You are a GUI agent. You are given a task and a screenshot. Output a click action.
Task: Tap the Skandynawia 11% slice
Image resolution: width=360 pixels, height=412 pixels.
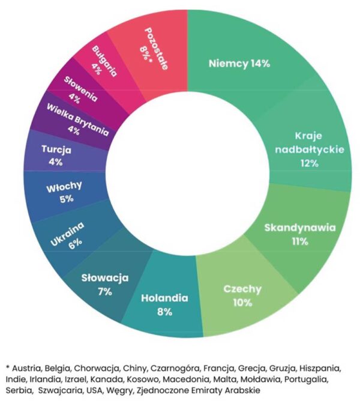point(300,234)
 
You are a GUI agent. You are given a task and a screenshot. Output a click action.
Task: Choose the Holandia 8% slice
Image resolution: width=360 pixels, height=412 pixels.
point(164,304)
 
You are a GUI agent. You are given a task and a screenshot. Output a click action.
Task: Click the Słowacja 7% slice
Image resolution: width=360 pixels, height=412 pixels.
point(106,284)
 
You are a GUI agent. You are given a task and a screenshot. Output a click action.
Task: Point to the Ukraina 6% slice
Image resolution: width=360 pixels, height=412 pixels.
point(68,234)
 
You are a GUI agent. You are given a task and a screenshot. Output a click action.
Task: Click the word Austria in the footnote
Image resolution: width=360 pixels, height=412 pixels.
point(25,368)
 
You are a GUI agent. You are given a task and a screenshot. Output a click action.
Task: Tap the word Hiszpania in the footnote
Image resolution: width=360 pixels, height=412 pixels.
point(321,368)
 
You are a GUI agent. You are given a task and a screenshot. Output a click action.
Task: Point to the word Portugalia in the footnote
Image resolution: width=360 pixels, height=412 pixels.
point(304,380)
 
